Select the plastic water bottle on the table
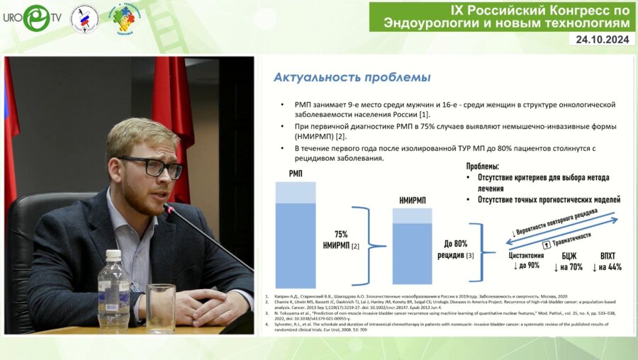coord(113,291)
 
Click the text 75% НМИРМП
coord(337,239)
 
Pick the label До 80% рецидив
coord(456,248)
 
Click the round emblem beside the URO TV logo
coord(84,19)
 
